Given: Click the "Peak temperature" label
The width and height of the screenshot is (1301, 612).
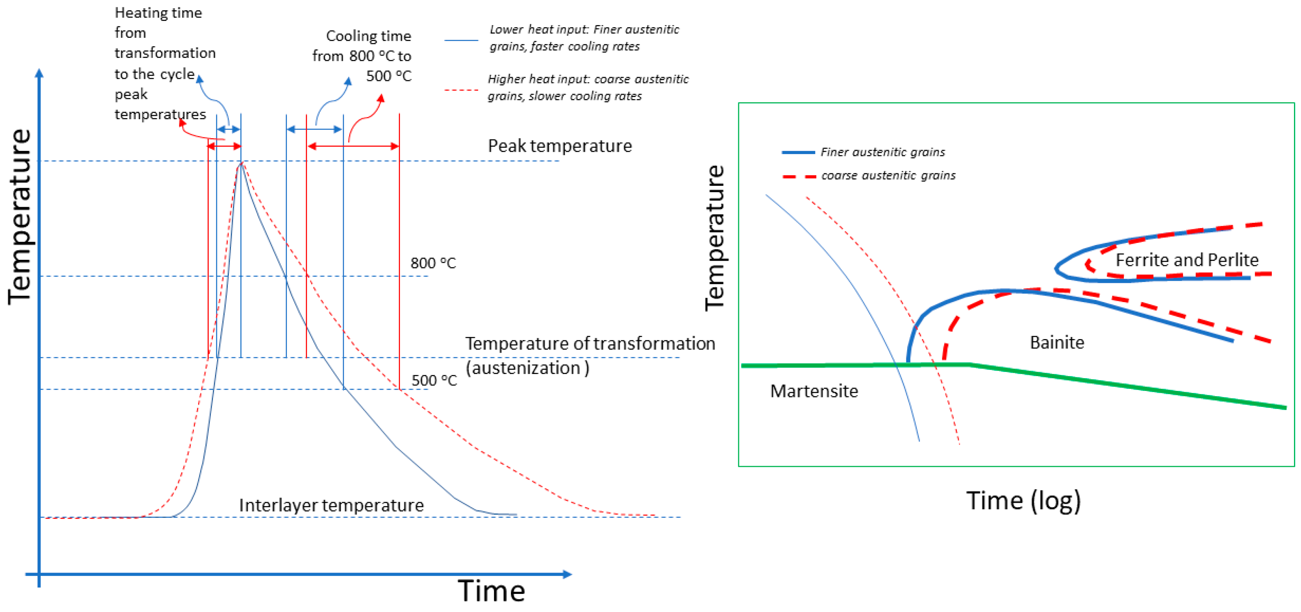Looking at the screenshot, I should coord(559,146).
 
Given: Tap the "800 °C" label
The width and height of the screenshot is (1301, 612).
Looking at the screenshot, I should coord(433,263).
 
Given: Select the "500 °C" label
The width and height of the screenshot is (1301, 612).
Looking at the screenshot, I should coord(434,380).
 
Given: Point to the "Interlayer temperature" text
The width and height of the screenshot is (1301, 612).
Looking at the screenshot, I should coord(331,505).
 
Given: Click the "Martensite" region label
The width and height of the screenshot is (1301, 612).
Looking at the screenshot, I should coord(813,391).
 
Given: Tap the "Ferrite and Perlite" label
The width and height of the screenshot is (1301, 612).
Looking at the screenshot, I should coord(1187,259).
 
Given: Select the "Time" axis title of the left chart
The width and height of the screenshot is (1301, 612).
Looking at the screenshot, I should coord(491,591).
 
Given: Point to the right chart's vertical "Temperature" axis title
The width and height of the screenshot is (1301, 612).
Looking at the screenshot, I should coord(715,237).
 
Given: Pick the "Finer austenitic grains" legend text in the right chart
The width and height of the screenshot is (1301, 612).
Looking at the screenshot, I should coord(882,152).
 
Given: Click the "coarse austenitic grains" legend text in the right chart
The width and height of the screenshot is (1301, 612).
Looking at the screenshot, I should coord(888,175).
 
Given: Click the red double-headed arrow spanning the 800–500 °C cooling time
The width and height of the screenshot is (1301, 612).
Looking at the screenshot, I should coord(353,146).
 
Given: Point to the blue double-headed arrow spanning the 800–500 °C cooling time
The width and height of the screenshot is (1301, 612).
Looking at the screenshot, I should coord(314,129).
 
